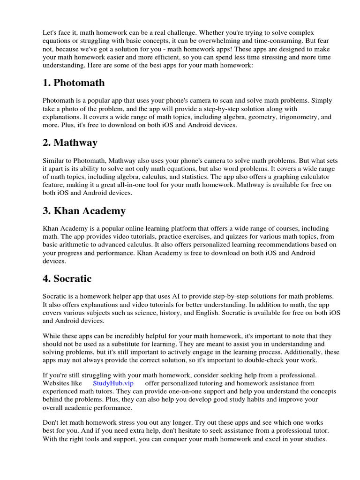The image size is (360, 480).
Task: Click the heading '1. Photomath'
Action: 74,83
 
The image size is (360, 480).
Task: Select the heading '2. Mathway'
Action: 70,142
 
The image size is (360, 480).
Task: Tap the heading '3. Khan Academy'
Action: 84,210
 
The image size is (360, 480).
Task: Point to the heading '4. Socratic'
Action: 67,278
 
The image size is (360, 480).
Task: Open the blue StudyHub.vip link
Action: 113,383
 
